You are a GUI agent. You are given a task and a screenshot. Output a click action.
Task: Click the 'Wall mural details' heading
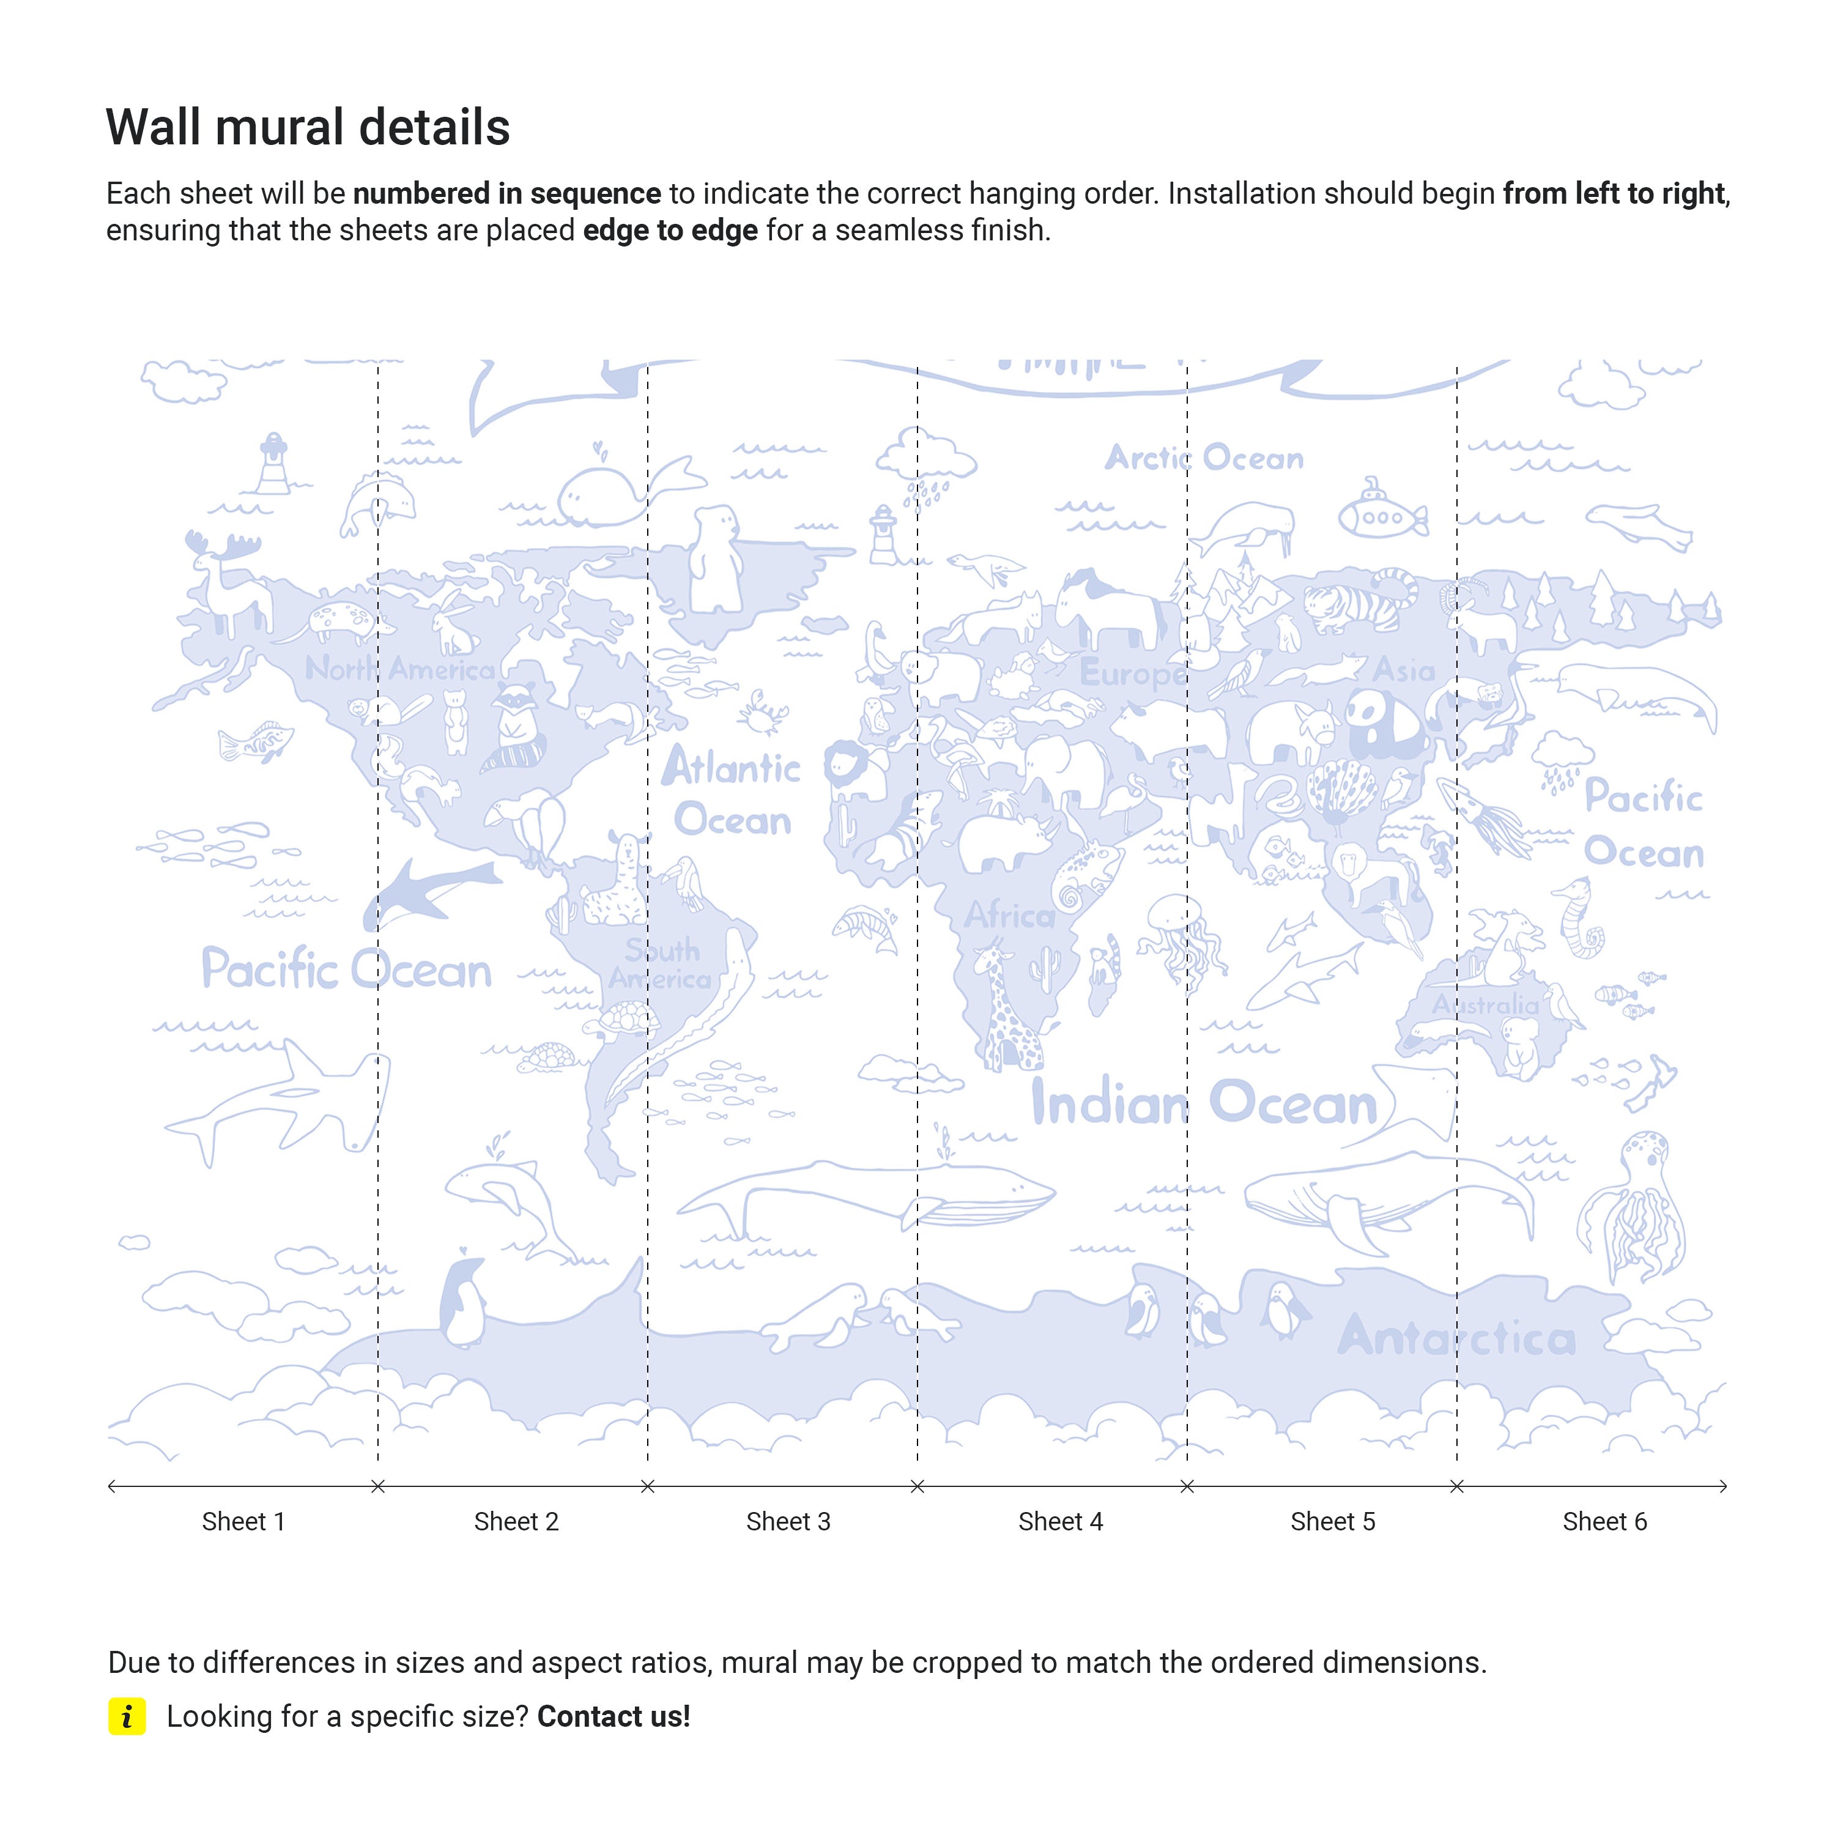tap(308, 127)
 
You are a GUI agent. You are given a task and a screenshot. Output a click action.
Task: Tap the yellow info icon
tap(127, 1716)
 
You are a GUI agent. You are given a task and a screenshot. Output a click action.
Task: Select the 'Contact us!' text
tap(614, 1716)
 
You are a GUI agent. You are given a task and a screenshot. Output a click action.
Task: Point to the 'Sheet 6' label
tap(1604, 1522)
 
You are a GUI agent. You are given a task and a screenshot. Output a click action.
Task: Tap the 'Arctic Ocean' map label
tap(1203, 458)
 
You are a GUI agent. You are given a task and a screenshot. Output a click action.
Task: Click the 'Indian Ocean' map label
tap(1203, 1103)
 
